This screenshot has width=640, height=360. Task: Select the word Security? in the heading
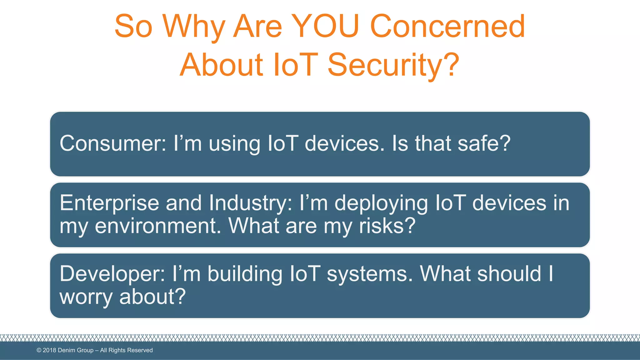tap(393, 65)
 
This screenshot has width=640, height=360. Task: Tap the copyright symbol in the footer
tap(39, 350)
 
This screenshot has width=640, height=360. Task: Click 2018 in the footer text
tap(49, 350)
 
